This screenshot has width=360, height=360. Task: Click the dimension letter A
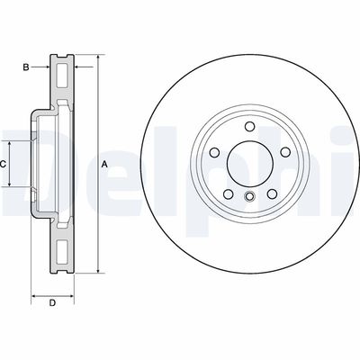point(104,164)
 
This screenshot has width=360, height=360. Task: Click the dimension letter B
point(27,67)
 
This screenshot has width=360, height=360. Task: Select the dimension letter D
point(51,302)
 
